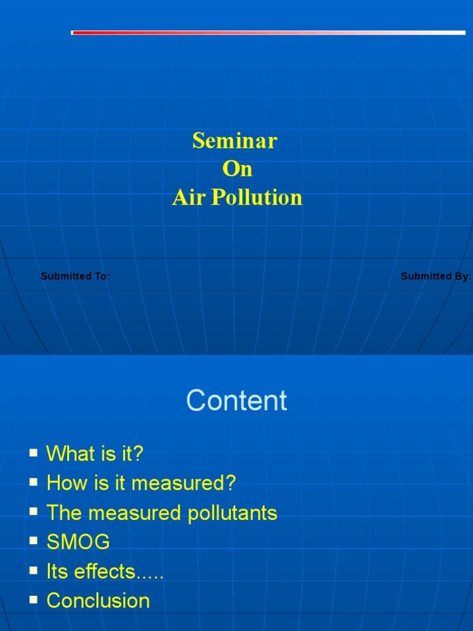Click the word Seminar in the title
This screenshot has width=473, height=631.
[x=235, y=141]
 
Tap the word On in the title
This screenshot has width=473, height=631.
[x=237, y=169]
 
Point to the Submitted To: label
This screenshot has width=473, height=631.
[x=75, y=276]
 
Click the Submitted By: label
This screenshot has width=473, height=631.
[x=435, y=276]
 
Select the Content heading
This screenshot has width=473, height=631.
[x=236, y=401]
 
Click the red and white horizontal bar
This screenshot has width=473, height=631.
[x=268, y=33]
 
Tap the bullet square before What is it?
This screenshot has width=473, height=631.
[x=33, y=453]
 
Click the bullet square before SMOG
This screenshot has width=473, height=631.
[x=33, y=541]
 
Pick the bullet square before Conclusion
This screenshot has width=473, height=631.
[x=33, y=599]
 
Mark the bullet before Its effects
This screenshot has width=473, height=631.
[x=33, y=570]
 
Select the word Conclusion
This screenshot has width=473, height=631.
[x=98, y=601]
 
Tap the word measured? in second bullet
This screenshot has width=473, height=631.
[x=184, y=484]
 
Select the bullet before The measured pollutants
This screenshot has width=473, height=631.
[x=33, y=511]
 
